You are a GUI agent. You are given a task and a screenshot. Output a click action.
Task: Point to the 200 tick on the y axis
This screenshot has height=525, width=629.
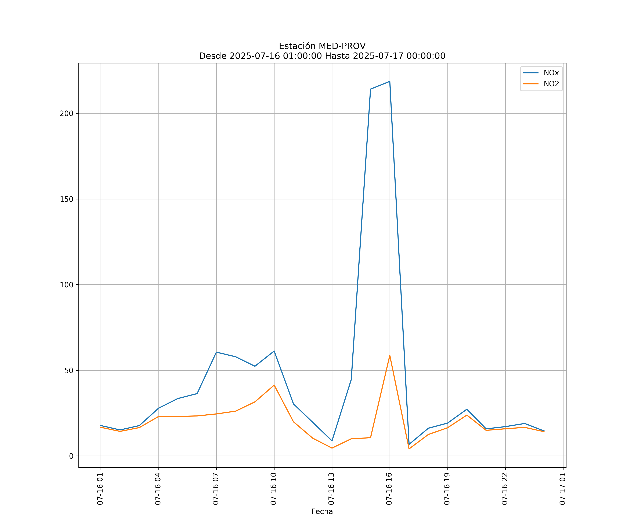(67, 113)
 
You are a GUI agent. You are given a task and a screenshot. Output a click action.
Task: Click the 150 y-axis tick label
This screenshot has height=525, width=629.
(67, 199)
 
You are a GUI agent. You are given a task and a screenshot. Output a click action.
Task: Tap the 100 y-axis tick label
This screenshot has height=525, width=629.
(67, 285)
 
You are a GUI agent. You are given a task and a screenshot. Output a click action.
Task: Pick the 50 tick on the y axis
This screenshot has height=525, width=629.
(69, 370)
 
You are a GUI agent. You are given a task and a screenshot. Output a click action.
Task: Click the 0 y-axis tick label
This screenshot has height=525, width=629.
(71, 456)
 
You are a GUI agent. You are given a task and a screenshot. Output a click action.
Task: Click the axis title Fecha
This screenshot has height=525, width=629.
(322, 512)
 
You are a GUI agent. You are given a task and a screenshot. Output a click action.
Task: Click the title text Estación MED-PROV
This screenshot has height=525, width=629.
(322, 46)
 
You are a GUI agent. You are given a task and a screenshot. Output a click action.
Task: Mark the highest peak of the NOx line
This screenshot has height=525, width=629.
(389, 81)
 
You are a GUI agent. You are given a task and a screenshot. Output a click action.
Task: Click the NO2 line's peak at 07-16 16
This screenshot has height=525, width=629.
(389, 355)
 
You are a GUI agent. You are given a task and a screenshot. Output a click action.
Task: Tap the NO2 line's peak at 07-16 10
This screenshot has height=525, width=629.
(274, 385)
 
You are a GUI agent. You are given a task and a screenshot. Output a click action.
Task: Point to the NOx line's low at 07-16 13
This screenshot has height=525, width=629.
(332, 441)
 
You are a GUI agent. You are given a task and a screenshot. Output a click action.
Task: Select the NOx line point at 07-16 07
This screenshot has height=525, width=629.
(216, 352)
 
